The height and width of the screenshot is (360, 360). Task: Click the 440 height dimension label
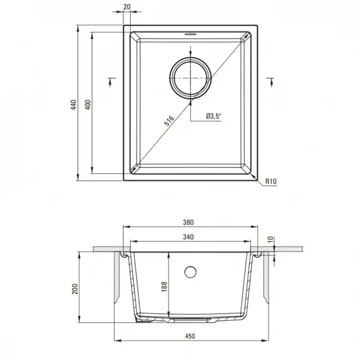73,104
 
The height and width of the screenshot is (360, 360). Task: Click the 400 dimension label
88,104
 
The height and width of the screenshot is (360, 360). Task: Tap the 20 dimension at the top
127,7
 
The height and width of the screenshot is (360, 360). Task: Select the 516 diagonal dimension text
169,121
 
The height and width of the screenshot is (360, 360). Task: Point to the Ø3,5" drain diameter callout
214,116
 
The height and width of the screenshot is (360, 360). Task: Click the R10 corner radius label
271,181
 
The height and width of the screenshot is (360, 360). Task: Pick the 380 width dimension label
188,222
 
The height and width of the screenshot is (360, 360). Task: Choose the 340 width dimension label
188,237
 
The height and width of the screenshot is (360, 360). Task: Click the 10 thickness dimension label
271,239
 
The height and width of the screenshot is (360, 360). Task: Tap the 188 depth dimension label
164,287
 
